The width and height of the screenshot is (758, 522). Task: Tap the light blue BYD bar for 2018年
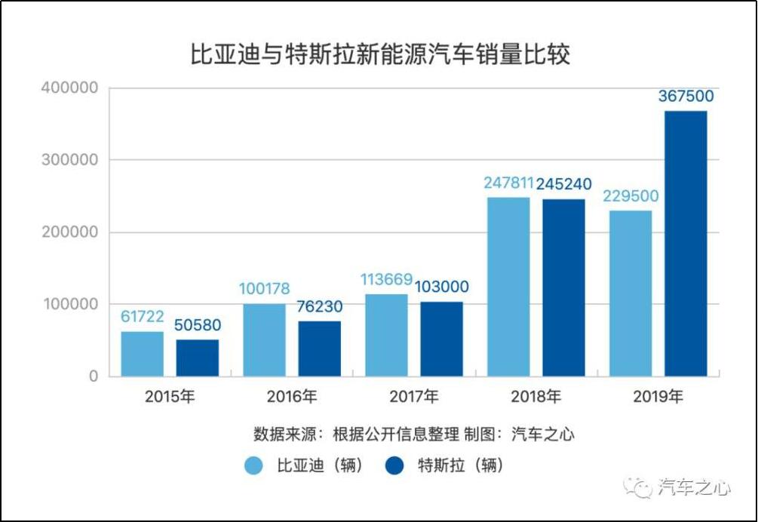508,286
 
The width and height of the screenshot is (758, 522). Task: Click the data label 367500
686,97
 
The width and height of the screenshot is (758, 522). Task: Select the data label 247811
508,183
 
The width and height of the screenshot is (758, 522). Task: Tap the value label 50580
198,326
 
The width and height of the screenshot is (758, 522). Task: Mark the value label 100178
264,289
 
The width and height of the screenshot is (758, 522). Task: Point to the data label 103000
441,287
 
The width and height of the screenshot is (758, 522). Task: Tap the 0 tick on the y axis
94,376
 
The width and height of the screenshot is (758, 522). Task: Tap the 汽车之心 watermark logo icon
642,487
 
